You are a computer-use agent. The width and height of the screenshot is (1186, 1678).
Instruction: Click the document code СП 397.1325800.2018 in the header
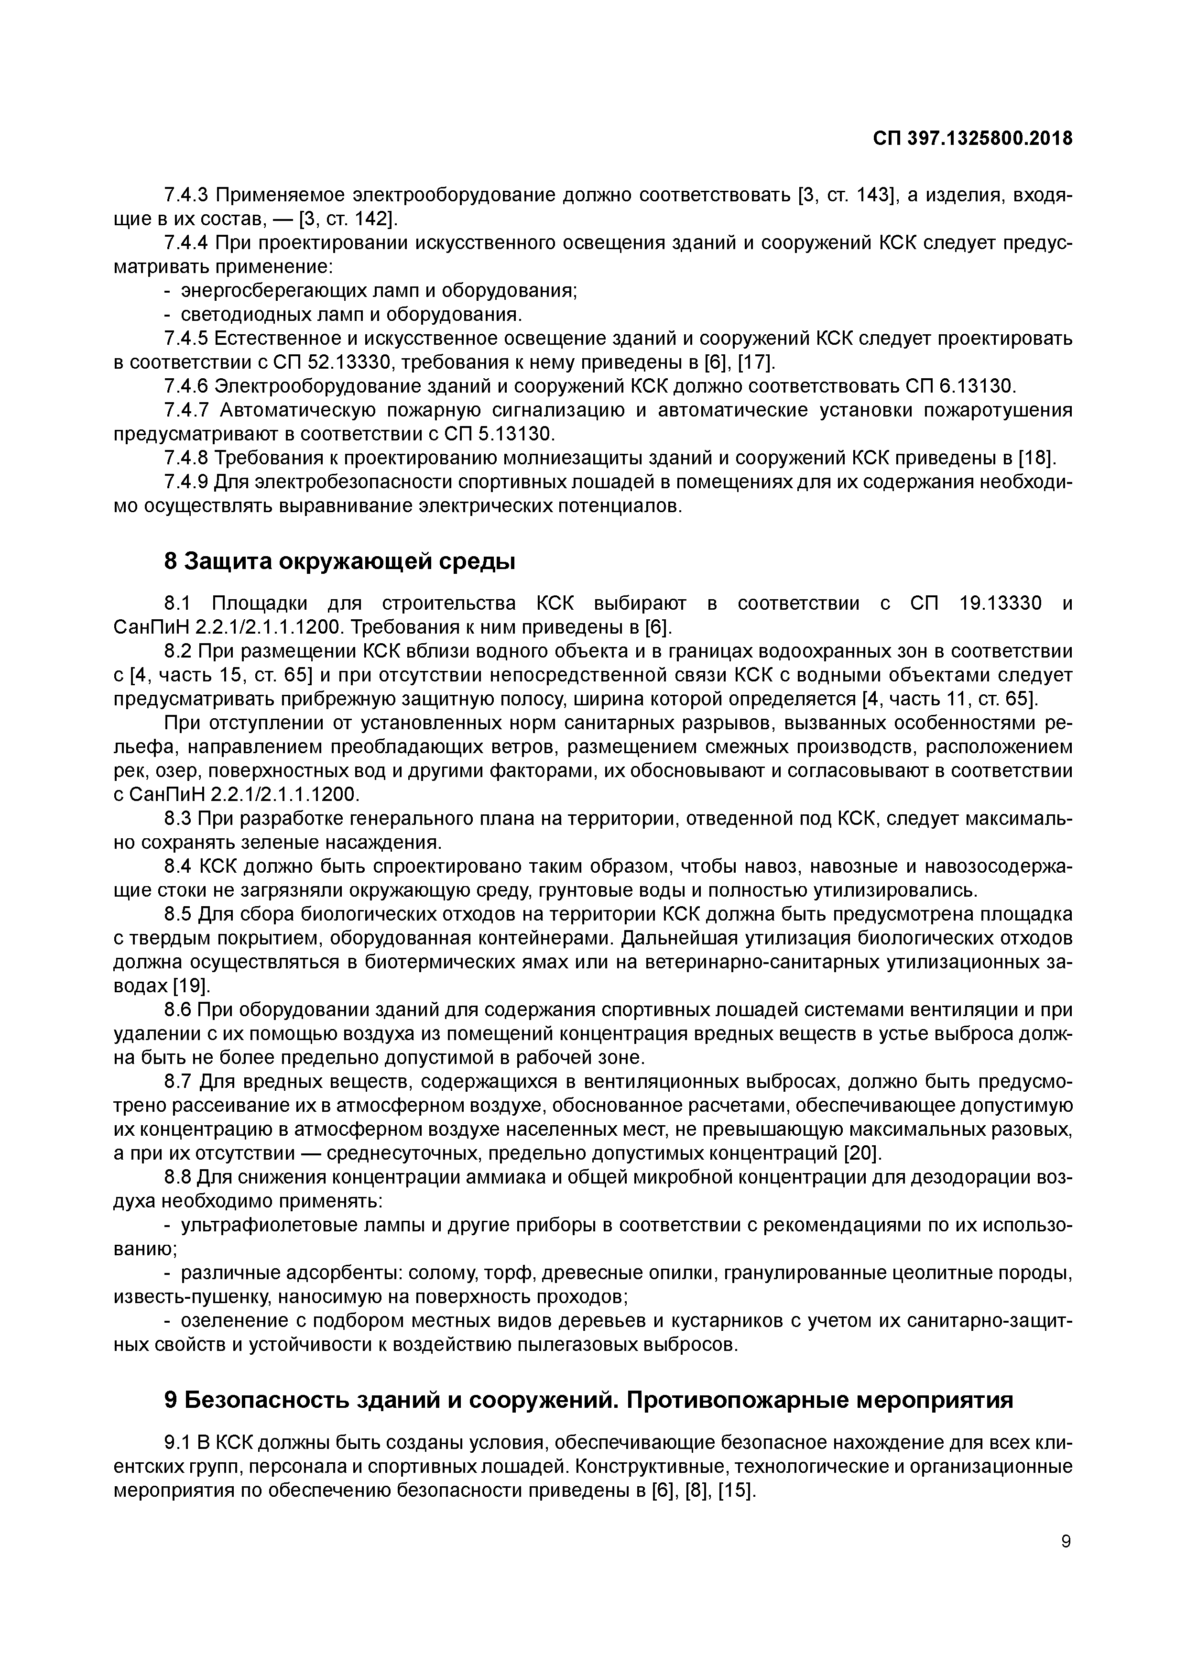click(x=973, y=138)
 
